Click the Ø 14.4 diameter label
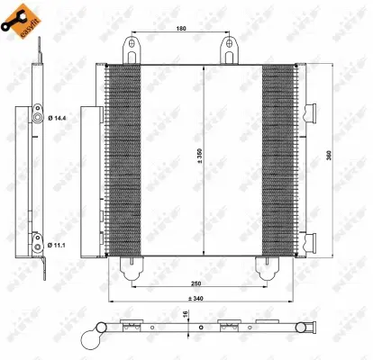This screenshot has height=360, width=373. [x=58, y=119]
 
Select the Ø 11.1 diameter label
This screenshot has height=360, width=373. [x=58, y=243]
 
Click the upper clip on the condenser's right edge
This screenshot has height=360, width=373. [x=313, y=112]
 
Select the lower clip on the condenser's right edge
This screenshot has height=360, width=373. [x=313, y=240]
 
